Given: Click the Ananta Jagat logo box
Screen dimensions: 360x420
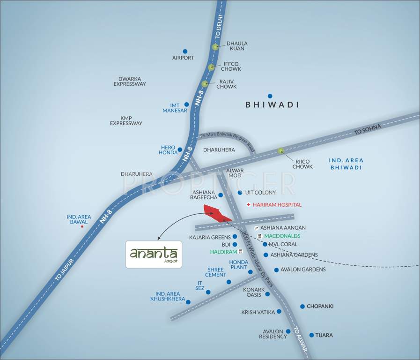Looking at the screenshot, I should click(153, 255).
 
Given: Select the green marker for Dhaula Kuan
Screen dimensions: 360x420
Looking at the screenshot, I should click(215, 47).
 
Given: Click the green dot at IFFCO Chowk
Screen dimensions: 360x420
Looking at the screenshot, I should click(212, 67).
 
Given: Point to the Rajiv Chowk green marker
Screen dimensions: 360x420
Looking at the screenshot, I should click(205, 84).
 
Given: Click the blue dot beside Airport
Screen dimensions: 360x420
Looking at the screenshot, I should click(185, 52).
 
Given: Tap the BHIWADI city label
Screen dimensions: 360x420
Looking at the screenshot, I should click(272, 105).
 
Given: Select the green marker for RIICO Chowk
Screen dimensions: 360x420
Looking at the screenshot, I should click(281, 151).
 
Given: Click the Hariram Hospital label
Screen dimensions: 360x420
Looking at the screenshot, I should click(277, 205).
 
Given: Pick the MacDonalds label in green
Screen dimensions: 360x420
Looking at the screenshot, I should click(282, 236).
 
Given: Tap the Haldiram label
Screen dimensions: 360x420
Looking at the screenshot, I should click(223, 252).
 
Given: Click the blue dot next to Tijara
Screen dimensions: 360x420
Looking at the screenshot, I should click(311, 335).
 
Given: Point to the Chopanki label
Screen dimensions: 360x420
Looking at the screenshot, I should click(320, 306).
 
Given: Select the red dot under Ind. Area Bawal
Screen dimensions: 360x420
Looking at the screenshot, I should click(82, 226).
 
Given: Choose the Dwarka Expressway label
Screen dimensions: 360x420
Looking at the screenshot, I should click(130, 82).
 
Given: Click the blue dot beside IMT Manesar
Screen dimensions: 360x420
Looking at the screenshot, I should click(186, 105).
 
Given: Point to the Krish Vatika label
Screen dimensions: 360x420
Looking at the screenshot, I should click(258, 312).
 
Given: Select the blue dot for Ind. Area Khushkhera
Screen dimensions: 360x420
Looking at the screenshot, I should click(188, 302).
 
